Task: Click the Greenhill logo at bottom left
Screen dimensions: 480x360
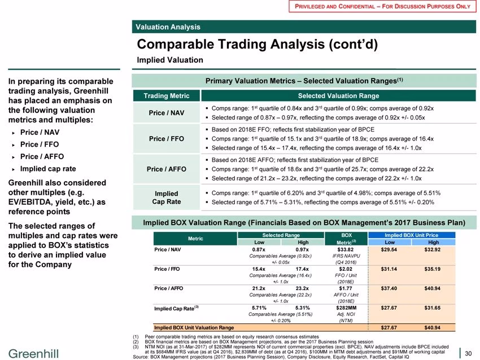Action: point(33,354)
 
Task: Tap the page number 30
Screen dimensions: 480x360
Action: point(468,354)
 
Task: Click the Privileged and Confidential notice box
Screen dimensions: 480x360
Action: point(382,6)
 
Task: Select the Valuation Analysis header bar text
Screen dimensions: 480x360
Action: point(168,27)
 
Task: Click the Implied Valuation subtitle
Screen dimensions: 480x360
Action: point(170,60)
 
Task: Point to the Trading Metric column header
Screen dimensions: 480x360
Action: point(167,96)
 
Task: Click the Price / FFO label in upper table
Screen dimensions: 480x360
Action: point(167,139)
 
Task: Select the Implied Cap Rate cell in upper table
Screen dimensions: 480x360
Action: point(167,197)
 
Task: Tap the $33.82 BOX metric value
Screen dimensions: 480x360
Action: point(346,249)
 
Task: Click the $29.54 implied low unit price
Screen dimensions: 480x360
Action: point(389,249)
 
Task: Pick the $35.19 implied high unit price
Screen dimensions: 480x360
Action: point(432,269)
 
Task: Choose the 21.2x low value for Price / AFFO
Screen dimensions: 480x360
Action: point(259,288)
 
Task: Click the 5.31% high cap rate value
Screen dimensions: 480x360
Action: point(303,308)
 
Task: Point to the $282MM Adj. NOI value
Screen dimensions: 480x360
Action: point(346,308)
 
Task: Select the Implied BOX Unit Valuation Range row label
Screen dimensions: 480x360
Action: point(194,328)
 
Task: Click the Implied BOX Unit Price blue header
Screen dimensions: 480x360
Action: point(412,235)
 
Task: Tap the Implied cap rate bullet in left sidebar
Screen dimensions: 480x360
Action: point(48,169)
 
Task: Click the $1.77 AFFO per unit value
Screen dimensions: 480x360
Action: point(346,288)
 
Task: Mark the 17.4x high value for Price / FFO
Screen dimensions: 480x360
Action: point(302,269)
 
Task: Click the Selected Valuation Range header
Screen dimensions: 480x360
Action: point(339,96)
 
